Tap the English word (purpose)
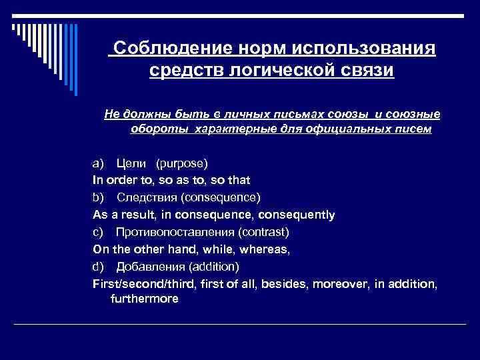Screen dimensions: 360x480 [182, 163]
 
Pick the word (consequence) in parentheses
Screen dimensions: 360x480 [221, 198]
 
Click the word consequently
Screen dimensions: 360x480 [296, 215]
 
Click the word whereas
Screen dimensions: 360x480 [265, 250]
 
